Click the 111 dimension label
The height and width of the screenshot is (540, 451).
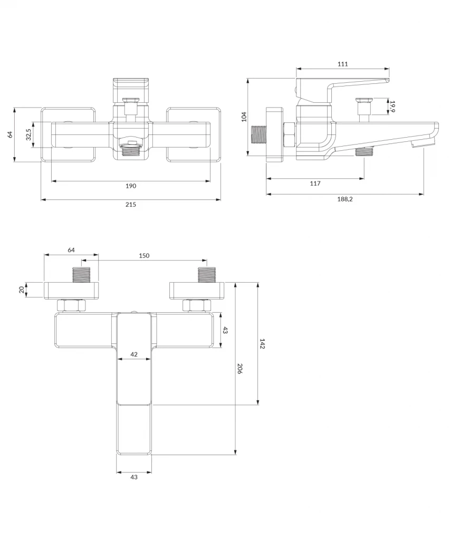pyautogui.click(x=343, y=64)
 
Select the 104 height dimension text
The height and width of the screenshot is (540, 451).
pyautogui.click(x=244, y=117)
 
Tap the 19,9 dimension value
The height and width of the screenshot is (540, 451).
pyautogui.click(x=392, y=107)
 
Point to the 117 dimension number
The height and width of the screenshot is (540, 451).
pyautogui.click(x=315, y=184)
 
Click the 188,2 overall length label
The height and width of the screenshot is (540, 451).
pyautogui.click(x=345, y=199)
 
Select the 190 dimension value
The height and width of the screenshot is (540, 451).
pyautogui.click(x=131, y=186)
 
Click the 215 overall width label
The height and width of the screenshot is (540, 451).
pyautogui.click(x=131, y=205)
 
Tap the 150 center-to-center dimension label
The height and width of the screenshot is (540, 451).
pyautogui.click(x=144, y=256)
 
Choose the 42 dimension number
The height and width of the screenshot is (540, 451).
pyautogui.click(x=134, y=354)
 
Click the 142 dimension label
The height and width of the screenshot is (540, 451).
pyautogui.click(x=262, y=344)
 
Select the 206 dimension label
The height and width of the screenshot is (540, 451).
pyautogui.click(x=239, y=369)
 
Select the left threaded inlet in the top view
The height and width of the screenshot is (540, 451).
pyautogui.click(x=81, y=275)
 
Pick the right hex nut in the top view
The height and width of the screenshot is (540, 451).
pyautogui.click(x=196, y=305)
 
